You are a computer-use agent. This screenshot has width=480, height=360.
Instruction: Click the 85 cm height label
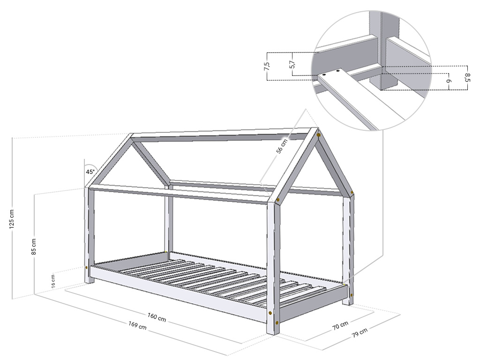[34, 247]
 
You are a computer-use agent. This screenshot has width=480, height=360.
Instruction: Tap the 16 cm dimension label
[53, 280]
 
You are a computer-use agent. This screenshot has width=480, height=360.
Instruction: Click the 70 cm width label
[340, 325]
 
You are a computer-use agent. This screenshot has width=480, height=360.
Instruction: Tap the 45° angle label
[90, 172]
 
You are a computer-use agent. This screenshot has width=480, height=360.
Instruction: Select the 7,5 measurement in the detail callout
[267, 66]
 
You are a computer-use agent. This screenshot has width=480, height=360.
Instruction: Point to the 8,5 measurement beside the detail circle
[467, 76]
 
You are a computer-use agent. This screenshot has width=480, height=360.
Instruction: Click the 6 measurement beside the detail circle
[449, 81]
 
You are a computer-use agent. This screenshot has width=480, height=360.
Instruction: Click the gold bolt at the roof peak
[319, 135]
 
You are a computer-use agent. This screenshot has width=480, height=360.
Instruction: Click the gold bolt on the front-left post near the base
[87, 268]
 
